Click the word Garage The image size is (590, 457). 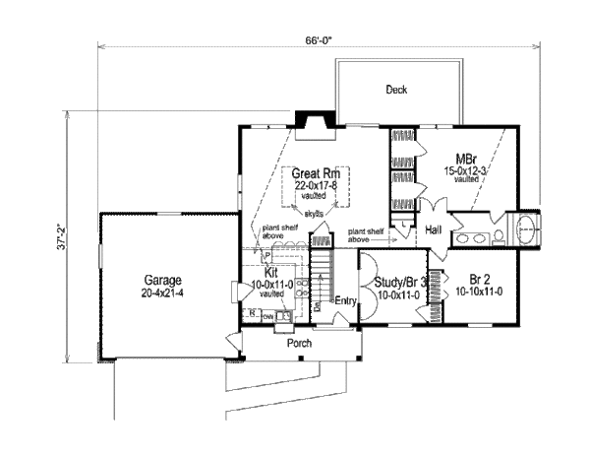click(158, 279)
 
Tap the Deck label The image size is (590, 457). click(396, 90)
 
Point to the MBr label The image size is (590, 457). click(466, 159)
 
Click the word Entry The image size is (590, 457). click(344, 300)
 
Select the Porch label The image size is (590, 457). click(300, 345)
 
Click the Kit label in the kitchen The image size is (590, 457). click(271, 272)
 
